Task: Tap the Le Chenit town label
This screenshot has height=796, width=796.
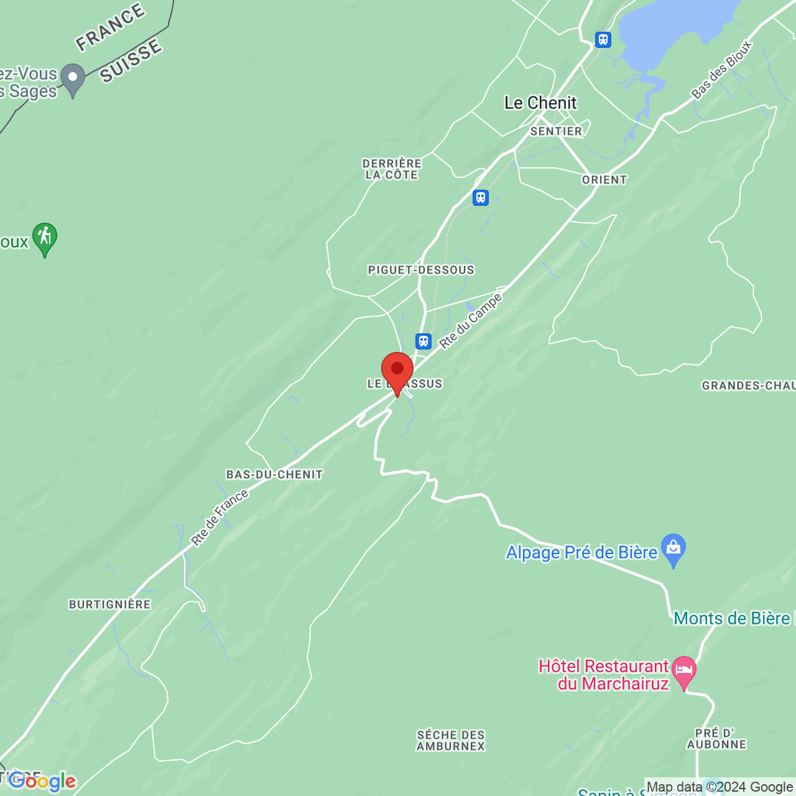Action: tap(540, 103)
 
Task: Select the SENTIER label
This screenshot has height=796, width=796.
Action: tap(556, 131)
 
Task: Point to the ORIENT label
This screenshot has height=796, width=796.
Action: tap(604, 180)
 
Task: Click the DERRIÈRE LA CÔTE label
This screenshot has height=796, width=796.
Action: tap(392, 169)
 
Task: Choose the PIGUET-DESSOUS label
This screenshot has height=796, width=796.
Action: tap(421, 270)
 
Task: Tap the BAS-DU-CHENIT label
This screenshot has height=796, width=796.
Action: tap(274, 474)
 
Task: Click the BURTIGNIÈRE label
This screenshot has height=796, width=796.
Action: tap(110, 604)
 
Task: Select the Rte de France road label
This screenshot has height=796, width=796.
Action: tap(220, 517)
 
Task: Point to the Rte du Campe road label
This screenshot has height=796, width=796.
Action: tap(470, 321)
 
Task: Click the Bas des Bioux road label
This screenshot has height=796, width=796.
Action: tap(721, 70)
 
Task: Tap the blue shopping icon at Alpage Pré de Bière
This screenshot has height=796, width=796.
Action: tap(673, 548)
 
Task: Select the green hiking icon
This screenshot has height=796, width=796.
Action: tap(45, 238)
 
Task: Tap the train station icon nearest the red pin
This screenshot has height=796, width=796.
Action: tap(423, 341)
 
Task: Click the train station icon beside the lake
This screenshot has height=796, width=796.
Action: tap(603, 40)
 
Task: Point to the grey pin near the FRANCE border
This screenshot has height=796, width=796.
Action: tap(73, 79)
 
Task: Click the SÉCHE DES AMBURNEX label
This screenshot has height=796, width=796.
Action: tap(451, 740)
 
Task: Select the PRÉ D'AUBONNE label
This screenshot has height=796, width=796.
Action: tap(716, 739)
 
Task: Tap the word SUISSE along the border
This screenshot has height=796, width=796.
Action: tap(131, 60)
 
